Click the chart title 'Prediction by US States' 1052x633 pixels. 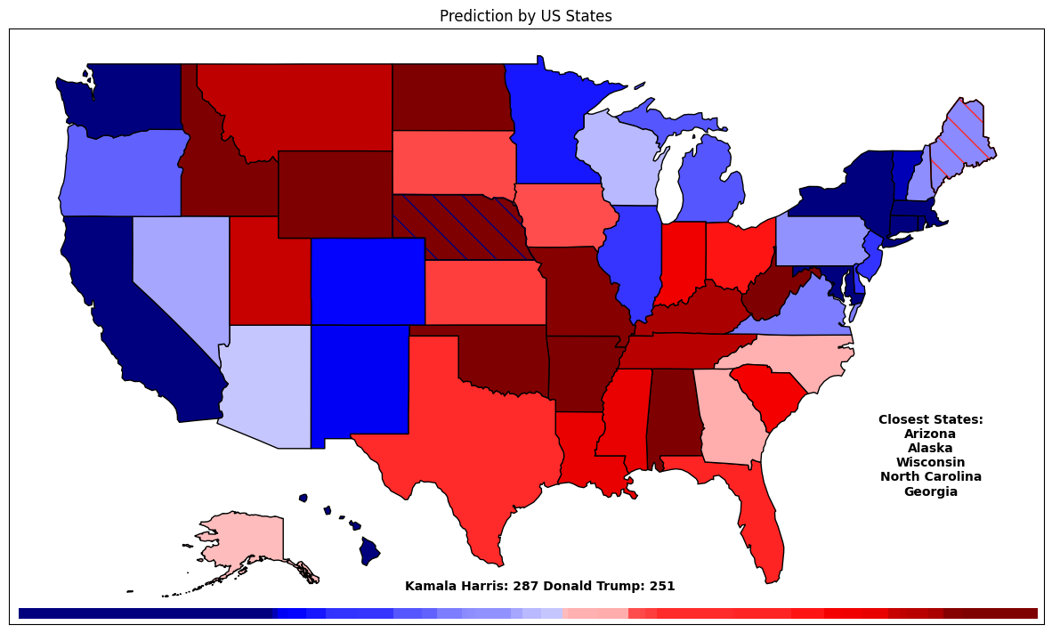(x=525, y=16)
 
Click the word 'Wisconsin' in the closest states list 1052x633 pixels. (x=930, y=462)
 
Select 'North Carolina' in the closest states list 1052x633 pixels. (x=930, y=476)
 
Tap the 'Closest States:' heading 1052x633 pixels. (x=930, y=419)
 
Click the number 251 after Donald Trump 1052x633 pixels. (x=661, y=586)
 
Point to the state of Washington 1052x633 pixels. (x=125, y=98)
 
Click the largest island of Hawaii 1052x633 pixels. (x=369, y=551)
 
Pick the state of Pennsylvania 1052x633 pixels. (x=820, y=240)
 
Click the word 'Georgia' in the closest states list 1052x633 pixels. (x=930, y=491)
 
